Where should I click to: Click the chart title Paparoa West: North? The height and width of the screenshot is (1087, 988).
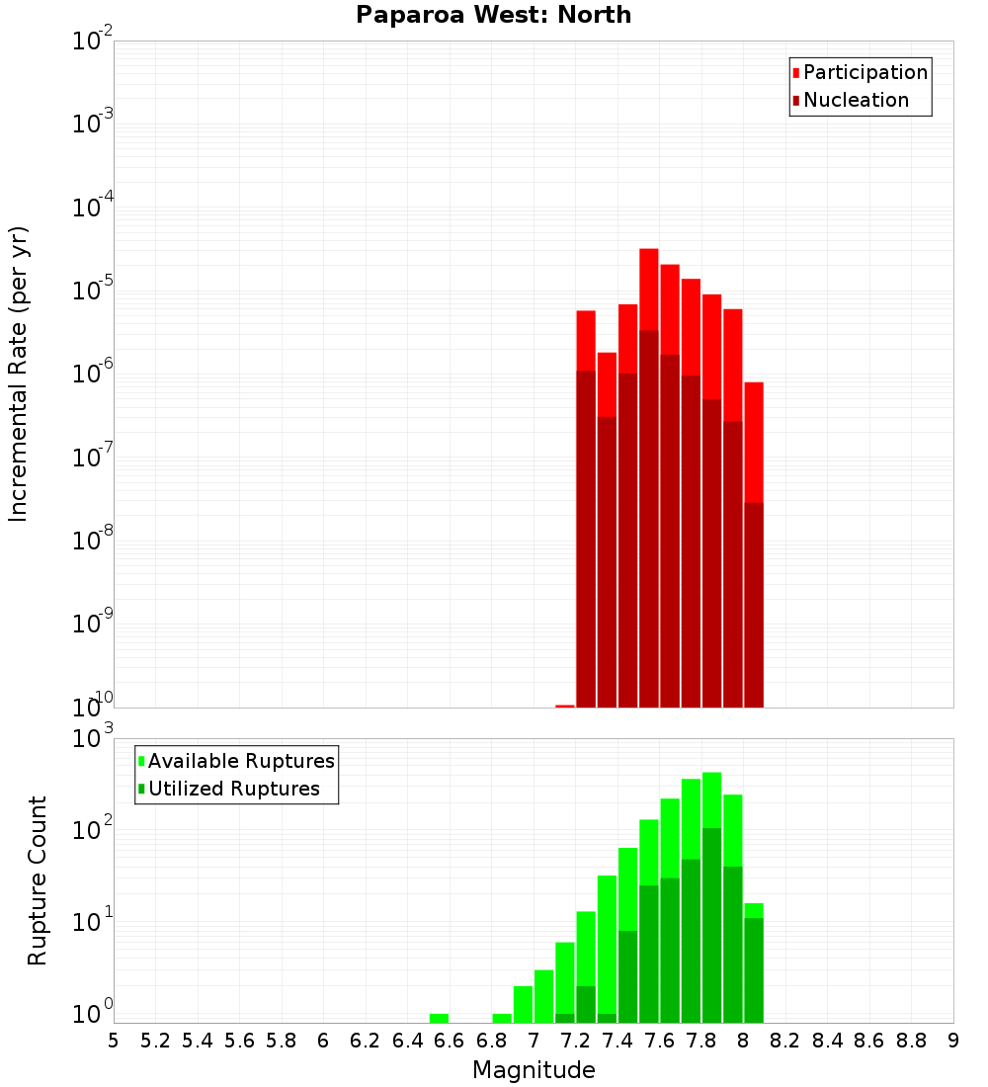pyautogui.click(x=493, y=15)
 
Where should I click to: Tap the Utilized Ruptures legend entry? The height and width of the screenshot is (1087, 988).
pyautogui.click(x=233, y=789)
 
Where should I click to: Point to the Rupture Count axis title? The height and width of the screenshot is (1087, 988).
pyautogui.click(x=38, y=879)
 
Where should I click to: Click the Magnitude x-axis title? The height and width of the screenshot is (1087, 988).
pyautogui.click(x=534, y=1070)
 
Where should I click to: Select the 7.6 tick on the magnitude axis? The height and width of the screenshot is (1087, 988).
pyautogui.click(x=659, y=1041)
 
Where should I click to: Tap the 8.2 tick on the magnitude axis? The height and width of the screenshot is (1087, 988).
pyautogui.click(x=785, y=1041)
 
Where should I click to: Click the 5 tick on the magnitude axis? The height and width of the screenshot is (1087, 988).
pyautogui.click(x=114, y=1041)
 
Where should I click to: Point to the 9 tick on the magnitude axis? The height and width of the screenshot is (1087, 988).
pyautogui.click(x=953, y=1041)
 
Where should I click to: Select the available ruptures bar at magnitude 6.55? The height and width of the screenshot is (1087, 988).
pyautogui.click(x=439, y=1018)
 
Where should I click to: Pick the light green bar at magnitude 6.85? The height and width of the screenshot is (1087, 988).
pyautogui.click(x=502, y=1018)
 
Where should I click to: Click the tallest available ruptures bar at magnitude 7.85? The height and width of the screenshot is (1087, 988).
pyautogui.click(x=712, y=800)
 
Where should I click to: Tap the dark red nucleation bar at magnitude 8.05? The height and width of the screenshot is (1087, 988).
pyautogui.click(x=754, y=603)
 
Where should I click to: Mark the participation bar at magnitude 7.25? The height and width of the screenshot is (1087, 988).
pyautogui.click(x=586, y=341)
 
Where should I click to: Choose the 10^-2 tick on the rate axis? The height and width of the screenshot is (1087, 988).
pyautogui.click(x=95, y=42)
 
